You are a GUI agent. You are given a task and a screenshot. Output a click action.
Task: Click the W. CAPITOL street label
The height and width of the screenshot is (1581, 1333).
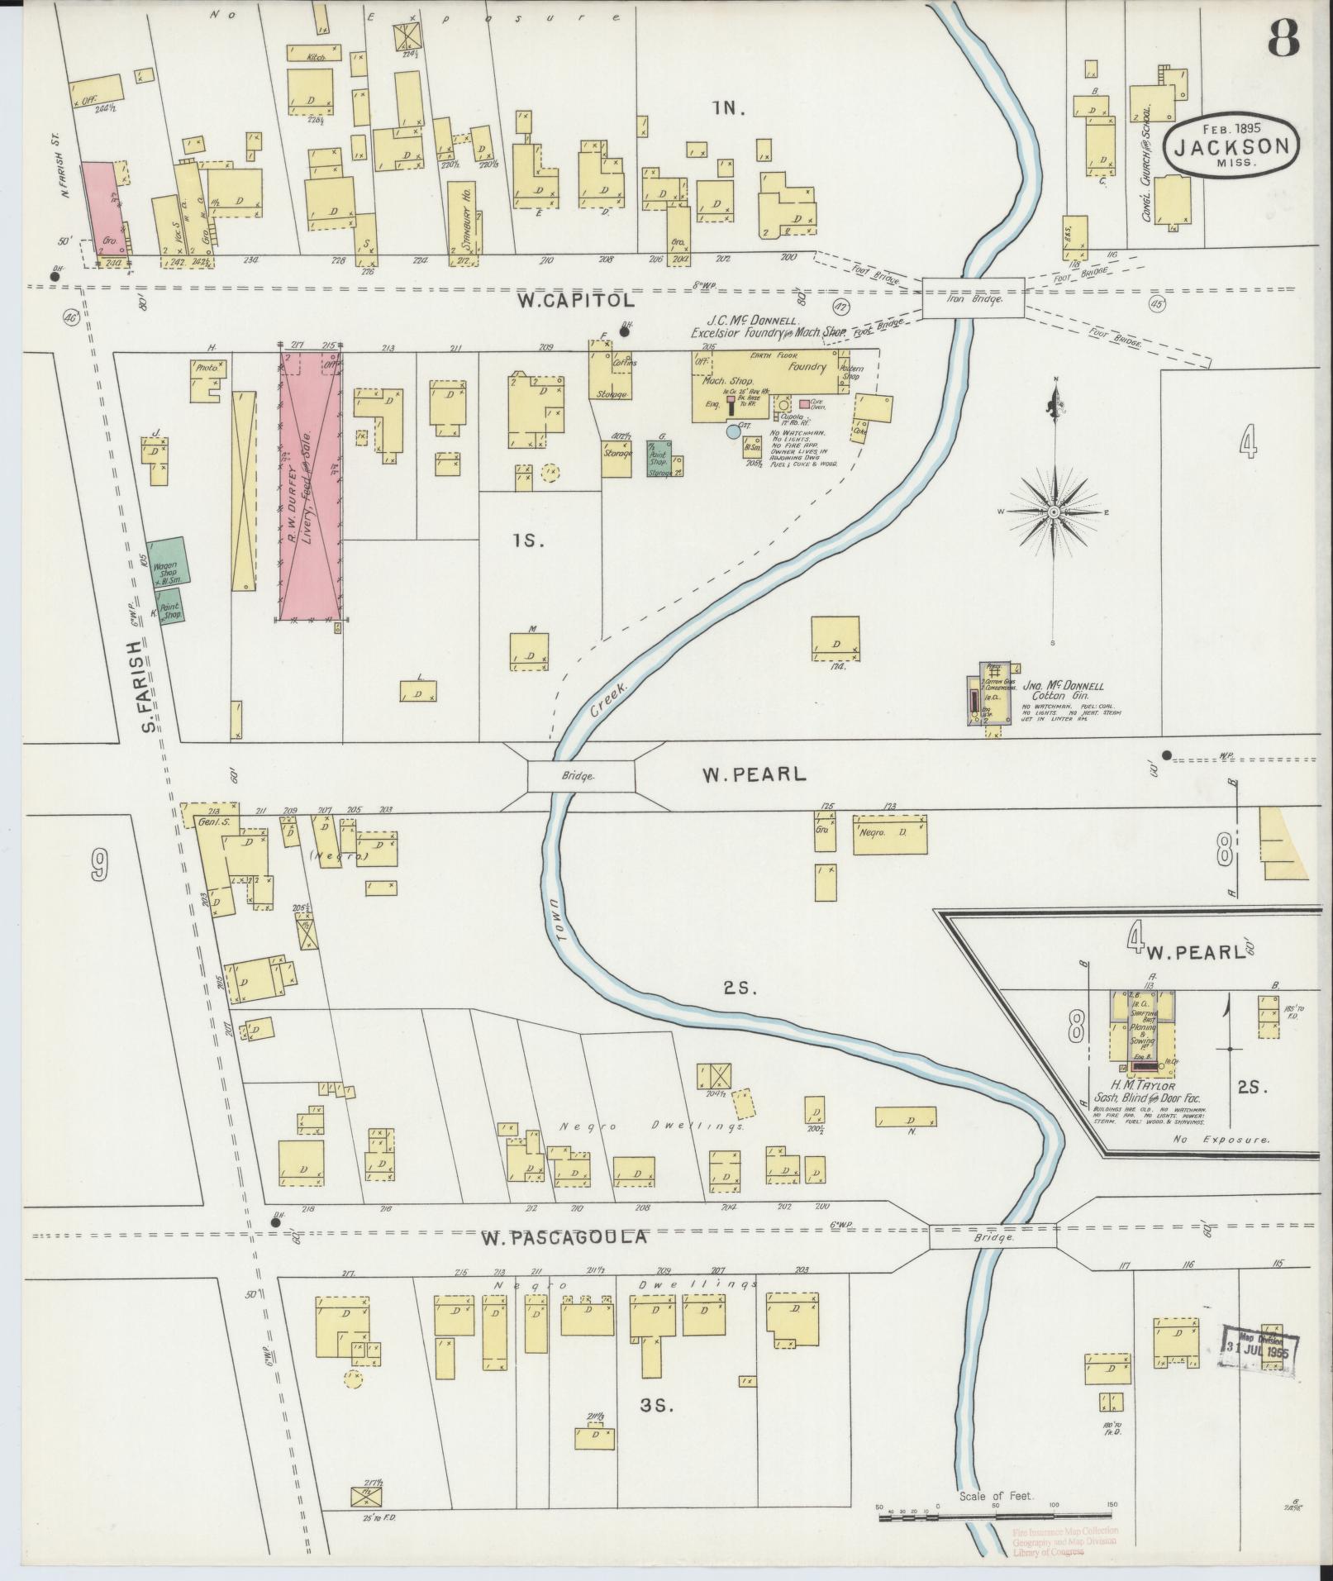576,301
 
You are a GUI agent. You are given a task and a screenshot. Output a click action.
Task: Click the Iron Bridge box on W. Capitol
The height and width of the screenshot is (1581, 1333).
973,298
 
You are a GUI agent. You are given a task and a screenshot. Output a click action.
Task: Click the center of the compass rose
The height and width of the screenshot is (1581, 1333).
1055,512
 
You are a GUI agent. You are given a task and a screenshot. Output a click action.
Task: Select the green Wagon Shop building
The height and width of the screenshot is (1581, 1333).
168,564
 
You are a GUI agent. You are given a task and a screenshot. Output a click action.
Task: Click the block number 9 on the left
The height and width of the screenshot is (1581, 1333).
98,864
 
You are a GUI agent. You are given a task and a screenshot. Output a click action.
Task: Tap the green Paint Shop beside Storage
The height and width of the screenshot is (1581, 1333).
660,459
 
